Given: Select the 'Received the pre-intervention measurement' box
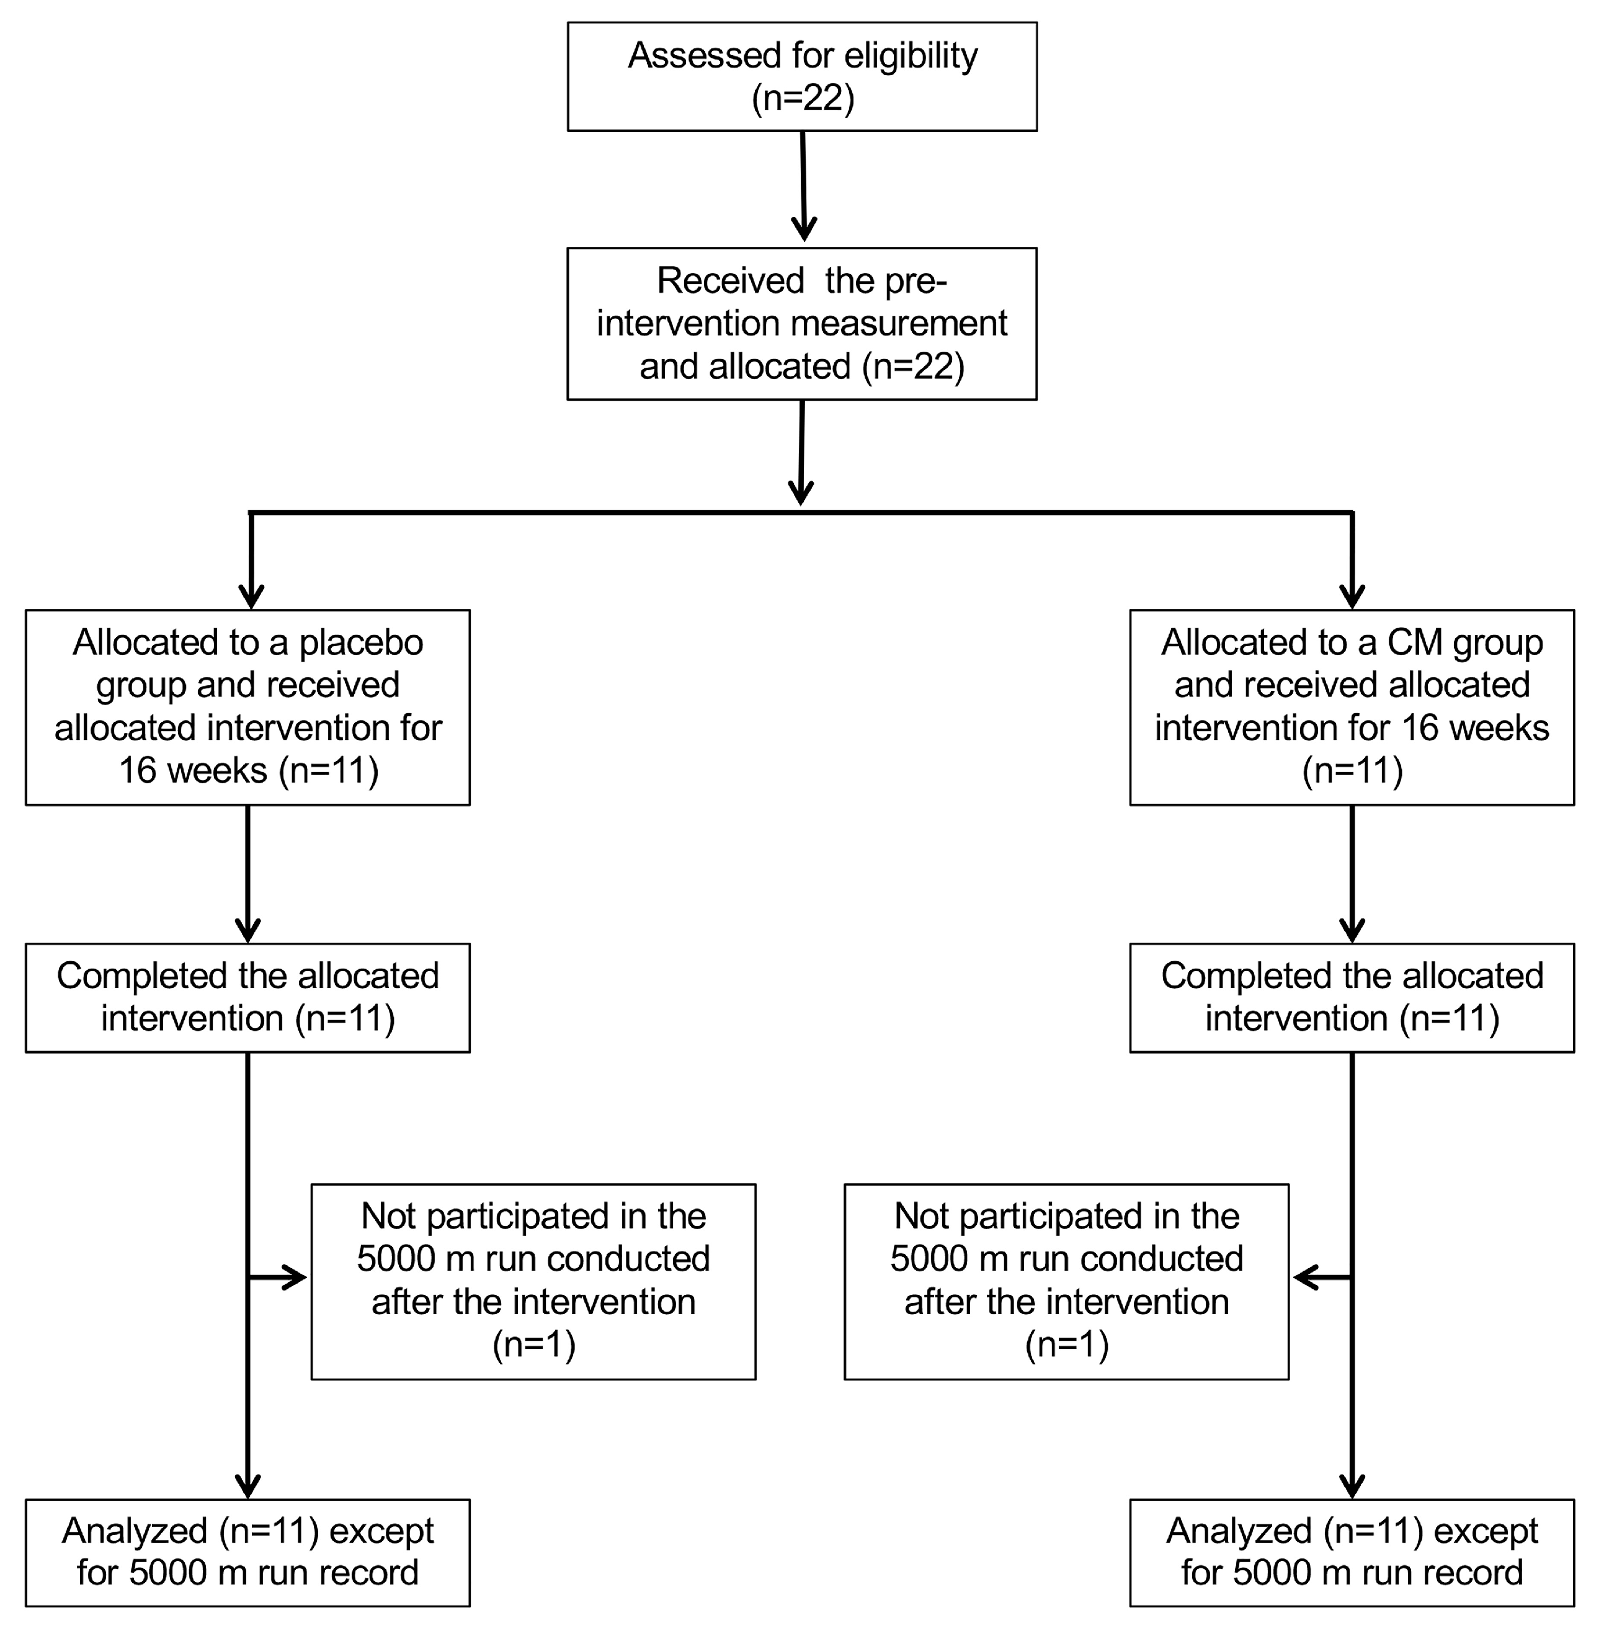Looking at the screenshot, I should [801, 324].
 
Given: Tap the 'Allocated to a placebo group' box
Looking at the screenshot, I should [247, 707].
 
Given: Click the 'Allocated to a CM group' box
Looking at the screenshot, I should [1352, 707].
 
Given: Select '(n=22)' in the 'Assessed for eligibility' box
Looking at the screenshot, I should [803, 99].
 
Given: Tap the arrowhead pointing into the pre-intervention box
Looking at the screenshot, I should [804, 229].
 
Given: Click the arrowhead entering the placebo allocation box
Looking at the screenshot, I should [251, 597].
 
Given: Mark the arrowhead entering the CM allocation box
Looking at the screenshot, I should [1352, 597].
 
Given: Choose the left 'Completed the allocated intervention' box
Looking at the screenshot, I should [247, 997].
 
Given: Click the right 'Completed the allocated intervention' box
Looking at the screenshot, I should [1352, 997].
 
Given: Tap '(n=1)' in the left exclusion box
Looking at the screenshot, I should [534, 1344].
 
